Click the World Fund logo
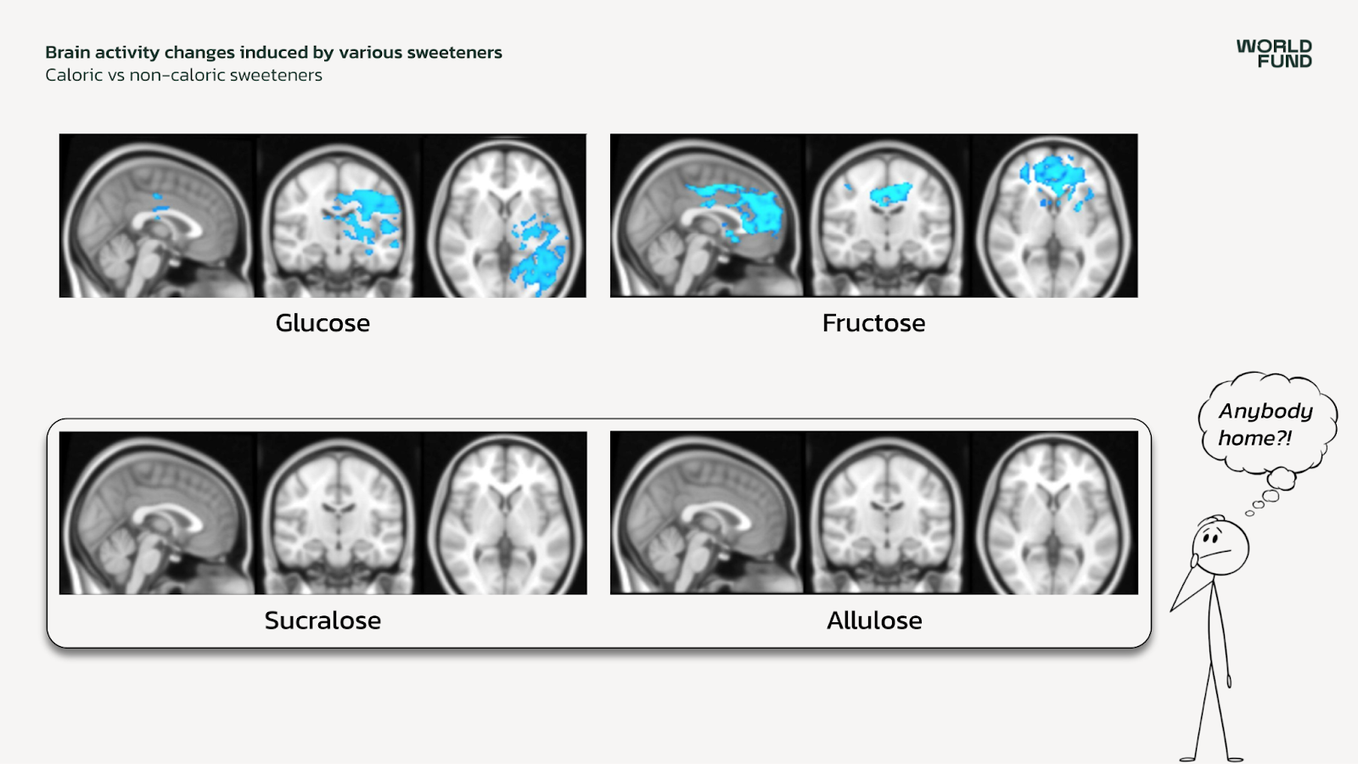[1274, 53]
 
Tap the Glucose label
[323, 323]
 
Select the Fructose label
[873, 323]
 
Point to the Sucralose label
[323, 621]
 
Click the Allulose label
[874, 621]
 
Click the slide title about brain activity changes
[273, 53]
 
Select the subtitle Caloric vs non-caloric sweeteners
[183, 76]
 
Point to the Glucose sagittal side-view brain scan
[157, 216]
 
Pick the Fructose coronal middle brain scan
[888, 216]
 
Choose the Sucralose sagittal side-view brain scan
[157, 514]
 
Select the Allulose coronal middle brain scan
[888, 514]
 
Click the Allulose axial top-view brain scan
[1055, 514]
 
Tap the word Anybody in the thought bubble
[1265, 412]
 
